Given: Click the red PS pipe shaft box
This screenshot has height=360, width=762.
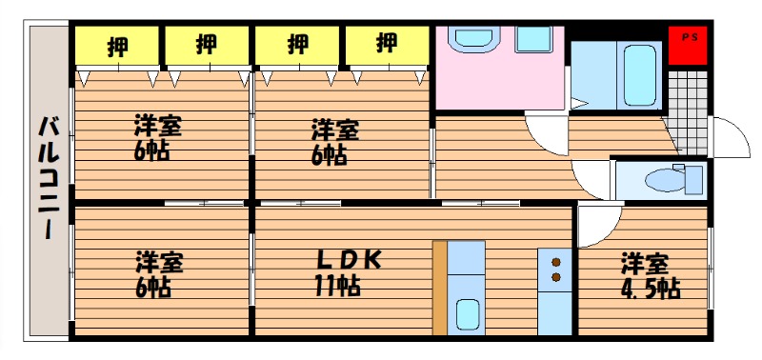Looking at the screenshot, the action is [687, 45].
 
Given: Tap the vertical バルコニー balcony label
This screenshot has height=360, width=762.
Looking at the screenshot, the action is [49, 178].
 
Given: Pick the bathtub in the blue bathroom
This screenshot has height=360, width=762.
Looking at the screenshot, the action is [639, 75].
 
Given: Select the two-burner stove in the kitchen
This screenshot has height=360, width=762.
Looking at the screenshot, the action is [555, 270].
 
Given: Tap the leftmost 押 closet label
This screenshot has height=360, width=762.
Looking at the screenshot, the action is [117, 46].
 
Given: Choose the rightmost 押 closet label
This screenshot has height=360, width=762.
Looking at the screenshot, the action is [387, 44].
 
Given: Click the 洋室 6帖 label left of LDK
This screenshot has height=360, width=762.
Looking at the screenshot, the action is [159, 273].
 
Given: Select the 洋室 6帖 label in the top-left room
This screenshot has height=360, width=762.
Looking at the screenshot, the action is [158, 137].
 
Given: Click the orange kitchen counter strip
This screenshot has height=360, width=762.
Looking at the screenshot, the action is [440, 288].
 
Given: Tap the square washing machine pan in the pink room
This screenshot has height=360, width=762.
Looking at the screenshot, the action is [533, 39].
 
